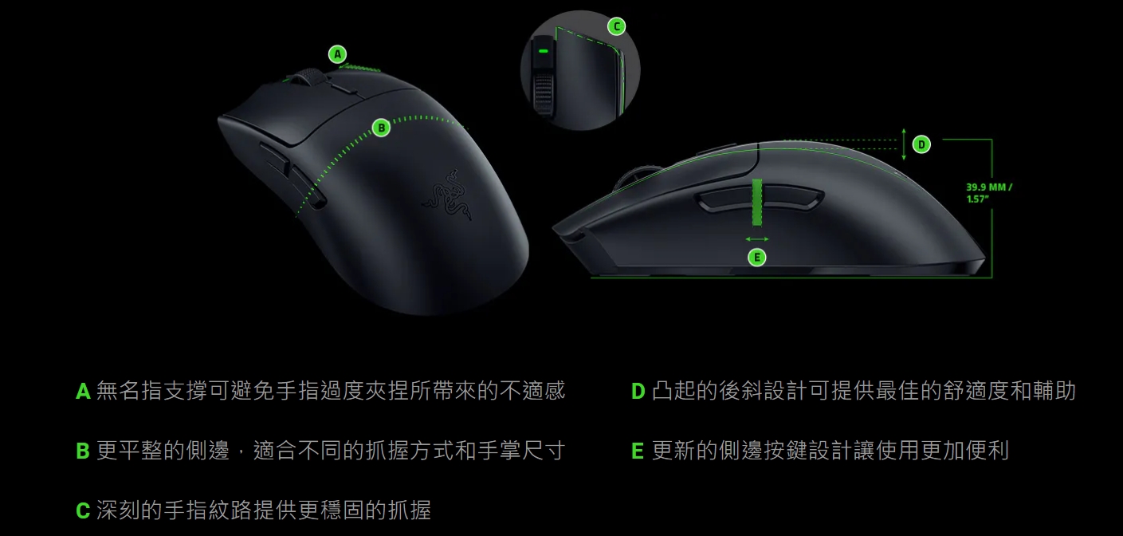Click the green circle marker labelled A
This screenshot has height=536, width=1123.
tap(337, 54)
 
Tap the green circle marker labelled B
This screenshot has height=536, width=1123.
tap(381, 128)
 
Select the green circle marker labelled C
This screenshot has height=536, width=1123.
tap(617, 26)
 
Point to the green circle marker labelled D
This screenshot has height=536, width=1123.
tap(921, 144)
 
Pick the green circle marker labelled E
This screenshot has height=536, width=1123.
tap(757, 258)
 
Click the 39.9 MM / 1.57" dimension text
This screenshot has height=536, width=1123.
tap(989, 193)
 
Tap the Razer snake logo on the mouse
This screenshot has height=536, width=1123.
tap(447, 195)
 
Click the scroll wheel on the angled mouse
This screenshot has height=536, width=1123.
tap(306, 79)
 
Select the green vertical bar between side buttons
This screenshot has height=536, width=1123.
tap(757, 203)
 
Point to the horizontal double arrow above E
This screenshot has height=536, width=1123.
tap(757, 239)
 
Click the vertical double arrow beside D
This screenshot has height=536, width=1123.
tap(904, 144)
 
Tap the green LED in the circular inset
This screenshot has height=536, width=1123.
tap(543, 51)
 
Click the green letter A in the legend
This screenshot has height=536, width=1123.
tap(83, 392)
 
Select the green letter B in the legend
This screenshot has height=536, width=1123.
tap(83, 451)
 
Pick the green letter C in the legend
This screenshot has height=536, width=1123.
tap(83, 511)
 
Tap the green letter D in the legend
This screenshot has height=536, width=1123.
tap(638, 392)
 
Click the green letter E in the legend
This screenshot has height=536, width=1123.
tap(637, 451)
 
